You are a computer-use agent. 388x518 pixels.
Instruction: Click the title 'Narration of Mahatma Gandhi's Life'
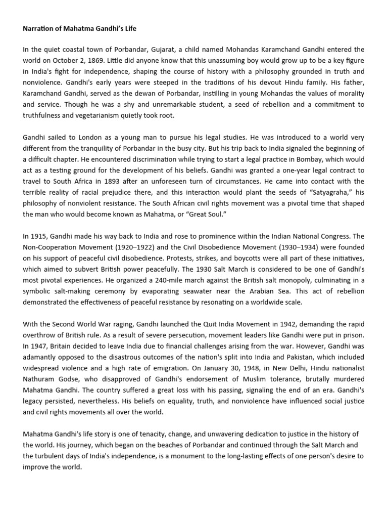[x=79, y=29]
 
